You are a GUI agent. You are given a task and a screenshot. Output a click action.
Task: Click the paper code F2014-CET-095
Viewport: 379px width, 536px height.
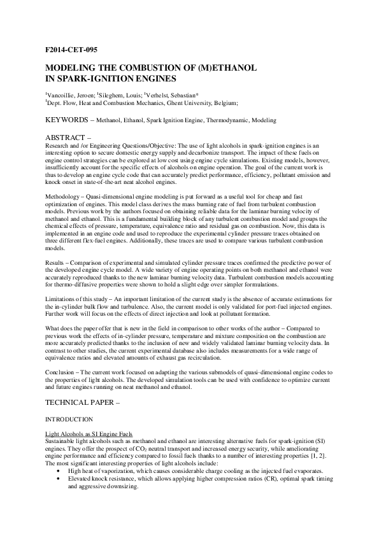pos(71,48)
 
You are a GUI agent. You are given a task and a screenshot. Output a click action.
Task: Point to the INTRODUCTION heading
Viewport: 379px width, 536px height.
pos(69,420)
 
